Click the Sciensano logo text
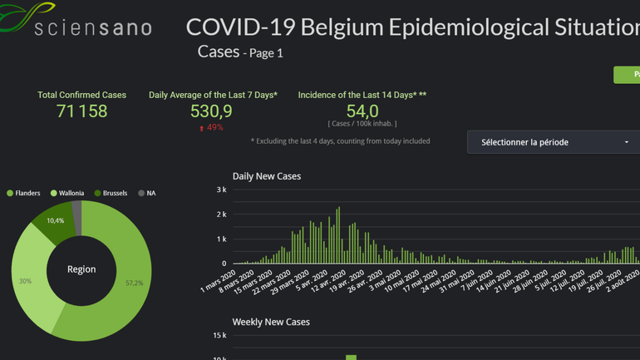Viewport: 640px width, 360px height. point(92,27)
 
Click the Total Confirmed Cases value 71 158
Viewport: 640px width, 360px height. point(81,111)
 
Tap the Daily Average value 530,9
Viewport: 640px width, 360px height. point(211,111)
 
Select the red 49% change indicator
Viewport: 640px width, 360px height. point(211,128)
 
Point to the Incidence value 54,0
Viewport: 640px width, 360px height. point(362,111)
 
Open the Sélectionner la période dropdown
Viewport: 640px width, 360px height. point(554,142)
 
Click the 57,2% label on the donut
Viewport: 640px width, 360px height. point(134,284)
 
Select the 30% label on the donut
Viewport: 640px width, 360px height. point(26,281)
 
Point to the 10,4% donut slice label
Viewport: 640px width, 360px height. point(56,221)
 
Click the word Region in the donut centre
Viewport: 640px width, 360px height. point(81,269)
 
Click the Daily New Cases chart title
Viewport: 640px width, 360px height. point(266,176)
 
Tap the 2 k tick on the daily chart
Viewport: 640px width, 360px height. point(221,215)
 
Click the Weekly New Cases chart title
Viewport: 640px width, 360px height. point(271,322)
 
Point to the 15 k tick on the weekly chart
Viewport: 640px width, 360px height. point(219,336)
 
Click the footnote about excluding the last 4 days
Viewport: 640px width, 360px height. point(340,141)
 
